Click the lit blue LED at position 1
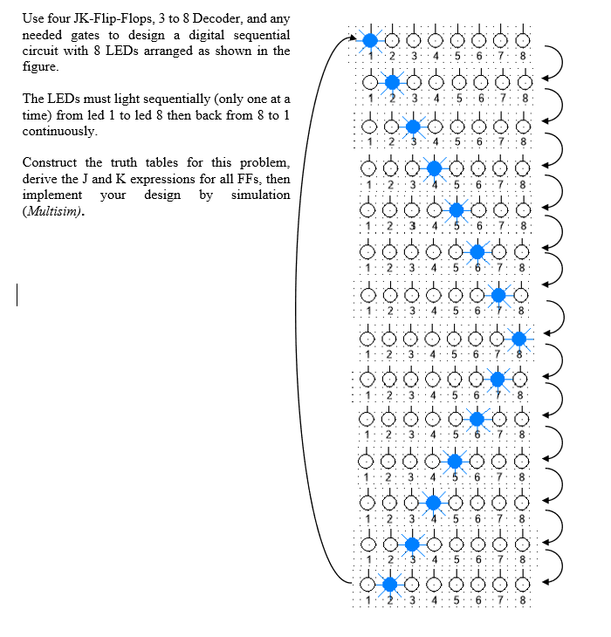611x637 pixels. point(370,39)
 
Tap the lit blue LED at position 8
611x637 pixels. point(519,338)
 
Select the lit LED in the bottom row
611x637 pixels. point(390,584)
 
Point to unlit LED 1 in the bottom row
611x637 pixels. point(369,584)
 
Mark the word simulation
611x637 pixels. point(260,195)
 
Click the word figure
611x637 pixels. point(40,67)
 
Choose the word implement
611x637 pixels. point(51,195)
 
